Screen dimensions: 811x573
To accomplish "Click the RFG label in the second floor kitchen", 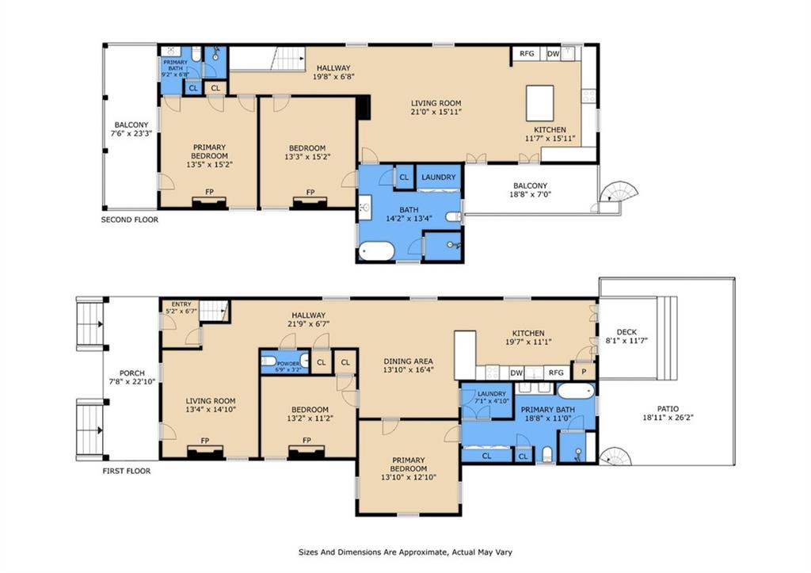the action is click(527, 53).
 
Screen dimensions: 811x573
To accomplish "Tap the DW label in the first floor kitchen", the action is click(516, 372).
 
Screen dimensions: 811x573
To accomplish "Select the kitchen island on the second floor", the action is click(540, 103).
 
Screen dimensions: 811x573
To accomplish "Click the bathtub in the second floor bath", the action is click(377, 251).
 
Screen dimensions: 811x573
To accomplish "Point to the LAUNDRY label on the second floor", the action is click(438, 177).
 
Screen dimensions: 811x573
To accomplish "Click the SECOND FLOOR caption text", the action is click(129, 220).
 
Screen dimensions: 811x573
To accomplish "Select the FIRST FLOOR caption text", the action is click(127, 471).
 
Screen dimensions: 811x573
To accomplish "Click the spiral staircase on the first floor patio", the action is click(615, 456).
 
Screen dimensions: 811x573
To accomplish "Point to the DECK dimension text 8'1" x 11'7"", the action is click(627, 341).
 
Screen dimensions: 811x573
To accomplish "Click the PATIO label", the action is click(668, 408).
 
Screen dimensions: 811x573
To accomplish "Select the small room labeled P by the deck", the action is click(584, 372).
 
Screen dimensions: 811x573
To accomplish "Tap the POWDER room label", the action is click(287, 363).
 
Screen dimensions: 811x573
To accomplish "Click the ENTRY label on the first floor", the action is click(181, 304).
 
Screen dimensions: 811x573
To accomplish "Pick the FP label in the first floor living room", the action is click(205, 441).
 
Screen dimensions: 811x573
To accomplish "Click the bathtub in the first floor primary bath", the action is click(576, 391).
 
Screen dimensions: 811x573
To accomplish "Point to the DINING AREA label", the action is click(408, 361).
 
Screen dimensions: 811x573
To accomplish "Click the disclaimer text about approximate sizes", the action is click(405, 552).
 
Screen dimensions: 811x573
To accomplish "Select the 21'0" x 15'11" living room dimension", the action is click(436, 111).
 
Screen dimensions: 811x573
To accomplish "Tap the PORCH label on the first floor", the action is click(132, 373).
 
